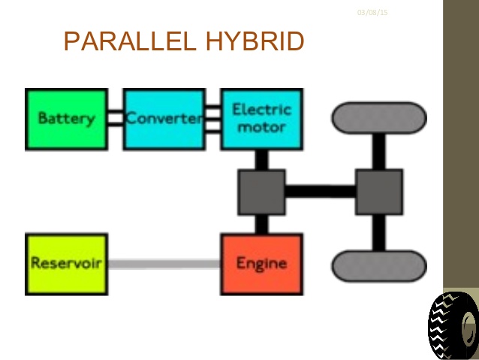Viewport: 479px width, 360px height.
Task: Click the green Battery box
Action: tap(66, 119)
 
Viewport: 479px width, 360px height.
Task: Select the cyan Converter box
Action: tap(164, 119)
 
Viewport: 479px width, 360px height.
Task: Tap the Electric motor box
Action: tap(261, 119)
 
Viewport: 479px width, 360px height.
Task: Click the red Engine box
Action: tap(261, 264)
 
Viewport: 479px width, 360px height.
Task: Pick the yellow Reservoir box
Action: tap(66, 264)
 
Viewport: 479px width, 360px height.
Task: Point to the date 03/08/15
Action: tap(372, 13)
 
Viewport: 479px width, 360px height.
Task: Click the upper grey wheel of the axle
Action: tap(379, 118)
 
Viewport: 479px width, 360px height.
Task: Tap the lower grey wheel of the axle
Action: tap(379, 266)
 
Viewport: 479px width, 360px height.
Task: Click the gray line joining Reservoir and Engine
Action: tap(164, 264)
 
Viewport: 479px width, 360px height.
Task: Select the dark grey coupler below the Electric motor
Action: tap(261, 192)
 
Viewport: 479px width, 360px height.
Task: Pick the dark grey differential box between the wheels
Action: tap(379, 192)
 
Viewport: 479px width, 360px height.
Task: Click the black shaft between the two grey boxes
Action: tap(321, 192)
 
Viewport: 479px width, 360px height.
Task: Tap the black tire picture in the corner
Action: tap(453, 325)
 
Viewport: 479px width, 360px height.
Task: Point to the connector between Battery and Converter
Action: tap(115, 119)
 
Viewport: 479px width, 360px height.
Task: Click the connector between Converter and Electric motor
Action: tap(212, 119)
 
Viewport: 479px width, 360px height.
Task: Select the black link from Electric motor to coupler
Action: tap(261, 159)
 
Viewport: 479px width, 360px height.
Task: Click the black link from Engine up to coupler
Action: tap(261, 224)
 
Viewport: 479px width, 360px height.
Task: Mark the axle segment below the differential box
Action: tap(379, 233)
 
